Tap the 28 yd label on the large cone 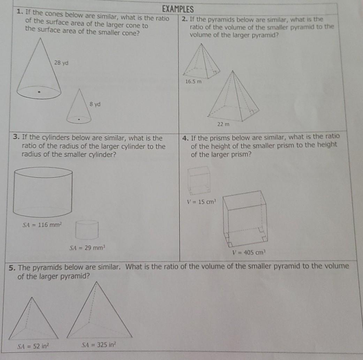pyautogui.click(x=61, y=63)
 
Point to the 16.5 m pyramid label pyautogui.click(x=193, y=82)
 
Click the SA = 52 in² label pyautogui.click(x=33, y=346)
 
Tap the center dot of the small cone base pyautogui.click(x=79, y=119)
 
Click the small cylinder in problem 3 pyautogui.click(x=87, y=229)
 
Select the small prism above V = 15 pyautogui.click(x=199, y=180)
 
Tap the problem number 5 pyautogui.click(x=12, y=268)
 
